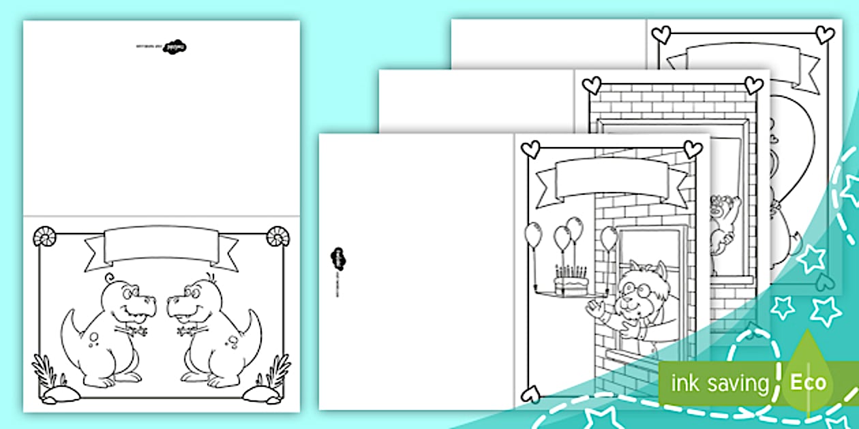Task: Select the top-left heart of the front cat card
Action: pyautogui.click(x=530, y=149)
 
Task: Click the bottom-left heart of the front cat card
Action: pyautogui.click(x=530, y=394)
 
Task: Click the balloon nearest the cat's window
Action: pyautogui.click(x=609, y=238)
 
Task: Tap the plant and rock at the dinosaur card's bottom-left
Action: pyautogui.click(x=52, y=381)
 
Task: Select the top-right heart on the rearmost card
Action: pyautogui.click(x=825, y=34)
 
